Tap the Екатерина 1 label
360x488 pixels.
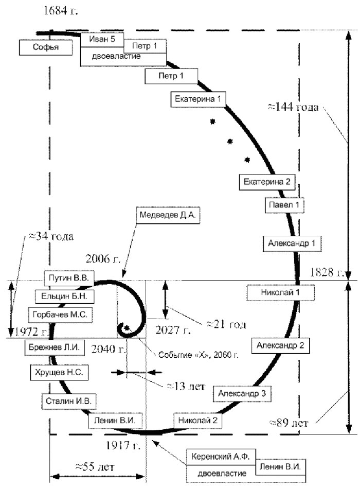coord(198,99)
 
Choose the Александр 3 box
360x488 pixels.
coord(241,393)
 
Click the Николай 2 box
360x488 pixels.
coord(198,420)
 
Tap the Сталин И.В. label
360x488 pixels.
coord(69,399)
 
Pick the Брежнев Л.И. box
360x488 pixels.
coord(53,347)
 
